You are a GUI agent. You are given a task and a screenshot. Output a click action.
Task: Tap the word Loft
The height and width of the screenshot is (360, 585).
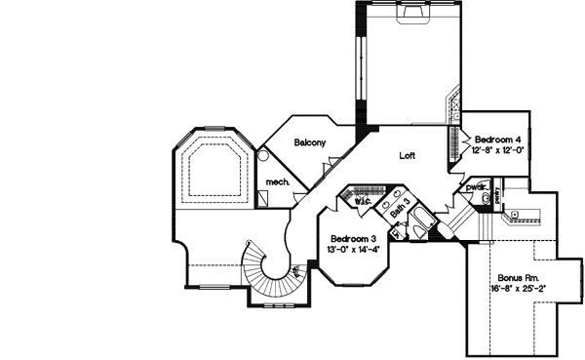click(409, 155)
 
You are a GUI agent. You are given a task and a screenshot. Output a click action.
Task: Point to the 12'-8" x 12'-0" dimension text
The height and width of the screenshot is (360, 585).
click(498, 151)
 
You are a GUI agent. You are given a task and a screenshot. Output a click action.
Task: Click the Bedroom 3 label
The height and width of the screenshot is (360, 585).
click(353, 239)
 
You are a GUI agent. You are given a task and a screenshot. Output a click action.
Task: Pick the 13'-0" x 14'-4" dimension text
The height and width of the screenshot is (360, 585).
click(353, 249)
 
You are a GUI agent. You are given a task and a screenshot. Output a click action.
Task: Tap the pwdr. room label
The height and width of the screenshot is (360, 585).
click(474, 186)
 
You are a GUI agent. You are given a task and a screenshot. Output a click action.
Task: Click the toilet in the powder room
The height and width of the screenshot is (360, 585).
click(486, 198)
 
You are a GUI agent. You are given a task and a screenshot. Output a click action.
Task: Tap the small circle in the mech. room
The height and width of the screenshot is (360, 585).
click(263, 154)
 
